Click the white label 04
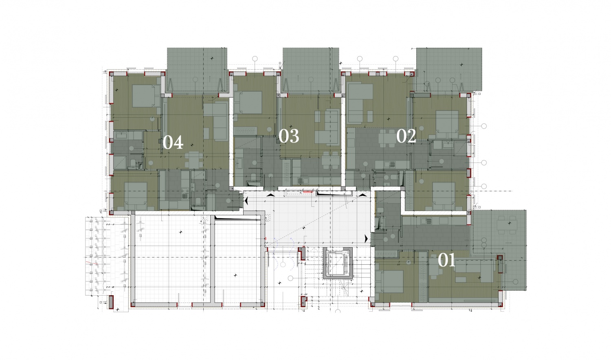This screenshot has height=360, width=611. click(x=173, y=143)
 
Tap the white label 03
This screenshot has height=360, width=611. click(x=289, y=136)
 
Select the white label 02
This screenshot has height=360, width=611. click(x=406, y=136)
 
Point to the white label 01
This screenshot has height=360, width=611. click(x=446, y=260)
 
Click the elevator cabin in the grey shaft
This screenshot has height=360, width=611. click(x=338, y=263)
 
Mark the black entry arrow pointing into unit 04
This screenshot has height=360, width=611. click(x=246, y=201)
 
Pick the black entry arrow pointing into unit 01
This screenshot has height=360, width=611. click(x=366, y=239)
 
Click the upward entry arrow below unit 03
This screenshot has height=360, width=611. click(x=270, y=195)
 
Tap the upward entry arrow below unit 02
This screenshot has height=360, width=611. click(x=363, y=195)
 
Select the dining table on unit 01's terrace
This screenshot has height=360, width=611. click(x=507, y=225)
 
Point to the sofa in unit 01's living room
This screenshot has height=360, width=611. click(x=474, y=270)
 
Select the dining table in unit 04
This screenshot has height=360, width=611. click(x=194, y=160)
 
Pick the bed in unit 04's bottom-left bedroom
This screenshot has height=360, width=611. click(x=136, y=196)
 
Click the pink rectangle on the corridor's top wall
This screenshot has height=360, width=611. click(x=308, y=192)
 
